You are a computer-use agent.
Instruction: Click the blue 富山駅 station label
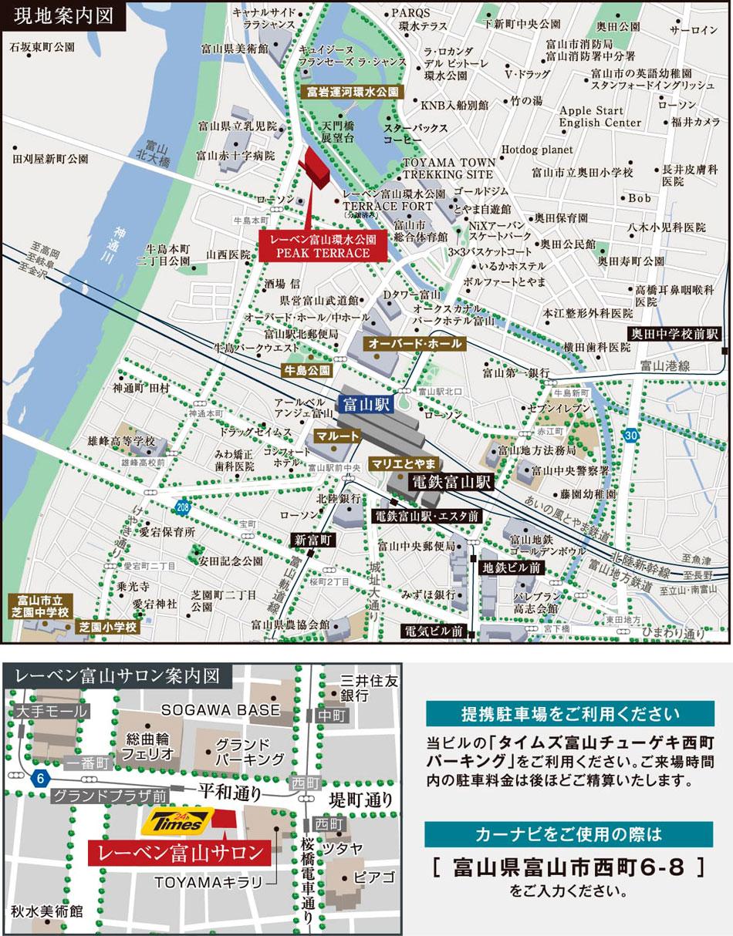pos(366,403)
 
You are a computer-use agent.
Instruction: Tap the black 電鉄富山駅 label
pos(451,483)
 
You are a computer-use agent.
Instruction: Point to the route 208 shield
pos(182,507)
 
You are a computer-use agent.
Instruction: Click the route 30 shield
pos(632,436)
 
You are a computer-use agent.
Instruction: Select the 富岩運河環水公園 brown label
pos(352,91)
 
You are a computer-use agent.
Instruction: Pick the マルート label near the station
pos(337,436)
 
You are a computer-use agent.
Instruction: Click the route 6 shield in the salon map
pos(39,779)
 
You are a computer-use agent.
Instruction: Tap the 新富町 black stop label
pos(312,540)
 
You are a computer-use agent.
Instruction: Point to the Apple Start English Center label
pos(600,116)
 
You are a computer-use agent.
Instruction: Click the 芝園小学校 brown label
pos(107,627)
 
